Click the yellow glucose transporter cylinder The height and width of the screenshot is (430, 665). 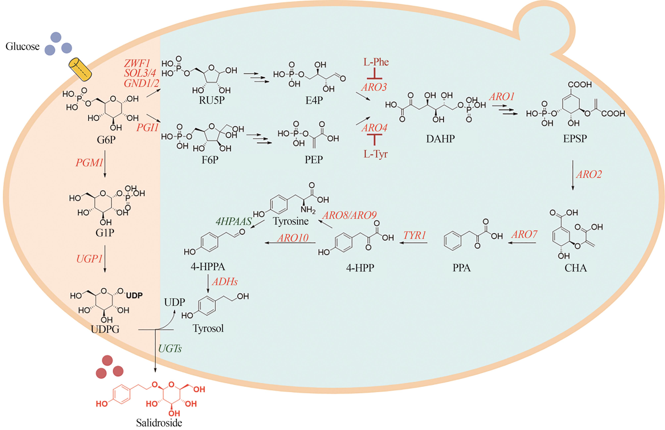click(x=81, y=69)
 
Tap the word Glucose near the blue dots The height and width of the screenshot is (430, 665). click(x=23, y=46)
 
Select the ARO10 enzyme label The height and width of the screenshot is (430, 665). click(x=293, y=238)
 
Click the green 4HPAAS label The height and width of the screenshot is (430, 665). click(x=234, y=221)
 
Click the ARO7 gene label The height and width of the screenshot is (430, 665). click(x=524, y=234)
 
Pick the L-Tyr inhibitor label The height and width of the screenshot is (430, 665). click(x=375, y=154)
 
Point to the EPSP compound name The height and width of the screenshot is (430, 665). click(x=575, y=138)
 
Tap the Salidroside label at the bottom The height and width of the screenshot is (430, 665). click(x=159, y=423)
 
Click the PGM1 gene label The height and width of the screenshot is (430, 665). click(x=89, y=162)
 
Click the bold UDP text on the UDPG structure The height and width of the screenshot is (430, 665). click(x=134, y=295)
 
